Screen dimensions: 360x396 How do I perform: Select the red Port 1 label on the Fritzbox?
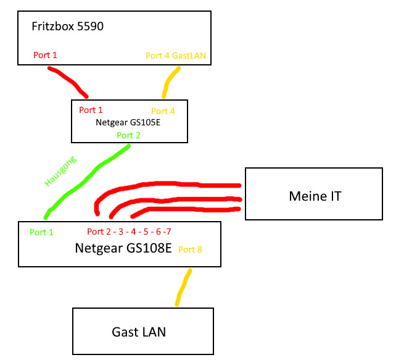[x=46, y=56]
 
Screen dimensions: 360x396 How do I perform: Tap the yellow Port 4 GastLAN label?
[x=176, y=56]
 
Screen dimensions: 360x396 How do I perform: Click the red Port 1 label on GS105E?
[x=91, y=111]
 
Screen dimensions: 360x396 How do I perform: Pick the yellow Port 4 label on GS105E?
[x=163, y=111]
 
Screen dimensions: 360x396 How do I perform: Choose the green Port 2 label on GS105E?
[x=129, y=135]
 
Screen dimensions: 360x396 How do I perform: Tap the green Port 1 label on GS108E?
[x=42, y=232]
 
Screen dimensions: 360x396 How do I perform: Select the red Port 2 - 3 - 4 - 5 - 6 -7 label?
[x=129, y=232]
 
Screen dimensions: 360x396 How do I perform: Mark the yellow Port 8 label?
[x=190, y=249]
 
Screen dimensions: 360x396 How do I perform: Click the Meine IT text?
[x=315, y=196]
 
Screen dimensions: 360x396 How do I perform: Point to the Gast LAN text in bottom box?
[x=139, y=332]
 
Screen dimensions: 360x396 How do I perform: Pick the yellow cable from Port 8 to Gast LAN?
[x=183, y=287]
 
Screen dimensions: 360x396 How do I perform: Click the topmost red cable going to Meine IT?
[x=185, y=184]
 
